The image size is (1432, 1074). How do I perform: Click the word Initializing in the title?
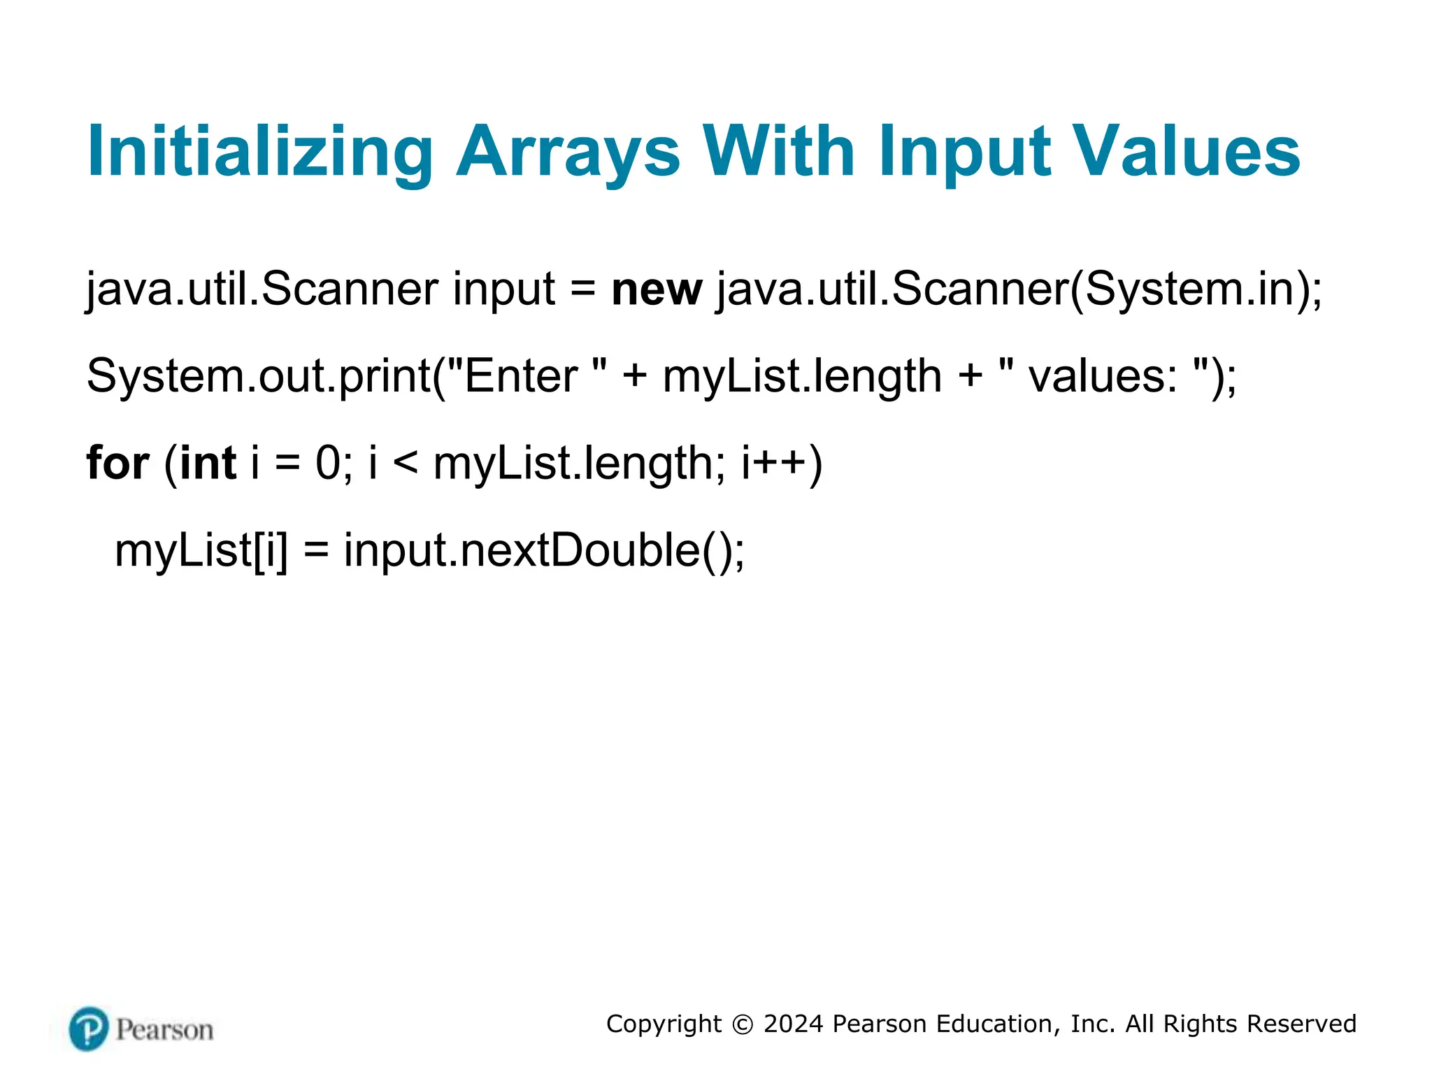click(259, 152)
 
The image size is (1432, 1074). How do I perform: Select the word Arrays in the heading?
click(568, 152)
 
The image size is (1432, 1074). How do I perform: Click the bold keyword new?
click(656, 289)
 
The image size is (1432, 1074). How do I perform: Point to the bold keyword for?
click(117, 463)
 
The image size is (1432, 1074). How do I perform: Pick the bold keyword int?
click(208, 463)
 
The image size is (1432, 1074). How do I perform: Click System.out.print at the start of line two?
click(259, 376)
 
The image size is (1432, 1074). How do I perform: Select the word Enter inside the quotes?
click(520, 376)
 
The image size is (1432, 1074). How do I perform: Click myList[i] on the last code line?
click(201, 550)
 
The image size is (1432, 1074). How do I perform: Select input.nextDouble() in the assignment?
click(543, 550)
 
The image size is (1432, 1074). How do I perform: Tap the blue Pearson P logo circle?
click(89, 1029)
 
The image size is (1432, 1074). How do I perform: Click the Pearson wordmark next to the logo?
click(165, 1030)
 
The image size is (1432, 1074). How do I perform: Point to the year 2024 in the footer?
click(794, 1024)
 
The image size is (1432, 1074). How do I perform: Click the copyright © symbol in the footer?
click(743, 1024)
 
